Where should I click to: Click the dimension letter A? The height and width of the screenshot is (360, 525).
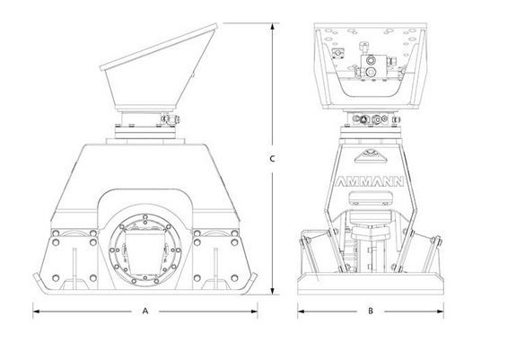pos(144,312)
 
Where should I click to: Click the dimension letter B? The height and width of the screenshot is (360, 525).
pos(370,312)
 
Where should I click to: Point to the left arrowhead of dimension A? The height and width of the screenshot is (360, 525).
pos(36,312)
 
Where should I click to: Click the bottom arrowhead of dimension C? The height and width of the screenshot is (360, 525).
pos(272,297)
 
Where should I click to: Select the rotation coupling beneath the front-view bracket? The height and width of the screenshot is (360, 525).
pos(370,122)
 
